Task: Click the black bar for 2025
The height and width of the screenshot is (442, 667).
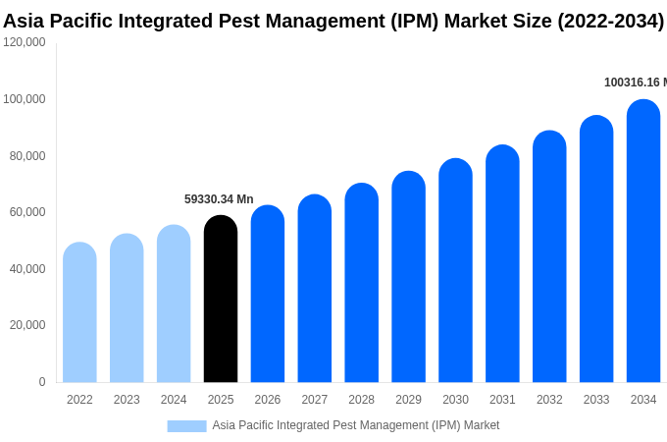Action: (221, 299)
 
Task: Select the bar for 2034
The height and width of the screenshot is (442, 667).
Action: (643, 241)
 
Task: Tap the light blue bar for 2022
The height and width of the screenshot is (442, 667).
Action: (79, 312)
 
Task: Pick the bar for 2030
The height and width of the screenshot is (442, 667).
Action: (455, 270)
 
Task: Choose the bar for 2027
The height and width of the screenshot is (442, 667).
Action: (315, 289)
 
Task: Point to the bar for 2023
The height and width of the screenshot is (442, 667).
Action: (127, 308)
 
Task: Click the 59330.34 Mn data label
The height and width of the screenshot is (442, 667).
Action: (219, 199)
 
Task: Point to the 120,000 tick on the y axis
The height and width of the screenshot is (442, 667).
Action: (25, 42)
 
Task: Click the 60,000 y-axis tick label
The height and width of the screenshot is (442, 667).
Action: (27, 212)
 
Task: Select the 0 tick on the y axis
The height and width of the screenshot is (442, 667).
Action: (41, 382)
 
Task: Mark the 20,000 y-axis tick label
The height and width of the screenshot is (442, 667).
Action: (27, 325)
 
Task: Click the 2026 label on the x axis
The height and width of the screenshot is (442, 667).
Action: (268, 400)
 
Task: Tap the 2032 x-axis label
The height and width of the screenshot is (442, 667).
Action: (549, 400)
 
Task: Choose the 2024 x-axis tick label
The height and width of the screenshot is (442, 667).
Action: (174, 400)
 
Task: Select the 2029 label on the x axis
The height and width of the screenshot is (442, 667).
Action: (408, 400)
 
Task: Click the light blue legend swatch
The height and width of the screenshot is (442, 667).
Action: (186, 425)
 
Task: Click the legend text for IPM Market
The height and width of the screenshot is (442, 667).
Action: (356, 425)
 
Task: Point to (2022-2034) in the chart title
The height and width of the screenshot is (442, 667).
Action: (610, 21)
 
